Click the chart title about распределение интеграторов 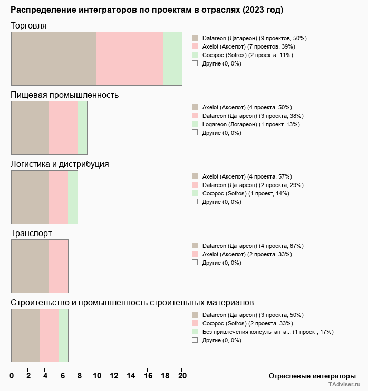pyautogui.click(x=147, y=10)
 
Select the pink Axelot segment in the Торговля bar pyautogui.click(x=130, y=58)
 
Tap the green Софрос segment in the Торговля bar pyautogui.click(x=172, y=58)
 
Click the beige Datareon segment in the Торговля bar pyautogui.click(x=54, y=58)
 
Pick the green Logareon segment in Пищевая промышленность pyautogui.click(x=82, y=128)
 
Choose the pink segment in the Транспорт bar pyautogui.click(x=59, y=266)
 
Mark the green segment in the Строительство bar pyautogui.click(x=63, y=336)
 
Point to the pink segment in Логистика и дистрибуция pyautogui.click(x=59, y=197)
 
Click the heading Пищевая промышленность pyautogui.click(x=64, y=95)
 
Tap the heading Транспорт pyautogui.click(x=31, y=233)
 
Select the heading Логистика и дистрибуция pyautogui.click(x=60, y=164)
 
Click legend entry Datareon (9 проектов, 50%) pyautogui.click(x=254, y=38)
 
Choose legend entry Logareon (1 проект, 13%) pyautogui.click(x=250, y=124)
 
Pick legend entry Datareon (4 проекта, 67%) pyautogui.click(x=253, y=246)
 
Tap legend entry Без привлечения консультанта pyautogui.click(x=267, y=332)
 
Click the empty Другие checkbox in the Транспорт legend pyautogui.click(x=195, y=263)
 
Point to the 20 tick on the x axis pyautogui.click(x=182, y=376)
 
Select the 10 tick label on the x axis pyautogui.click(x=96, y=376)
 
